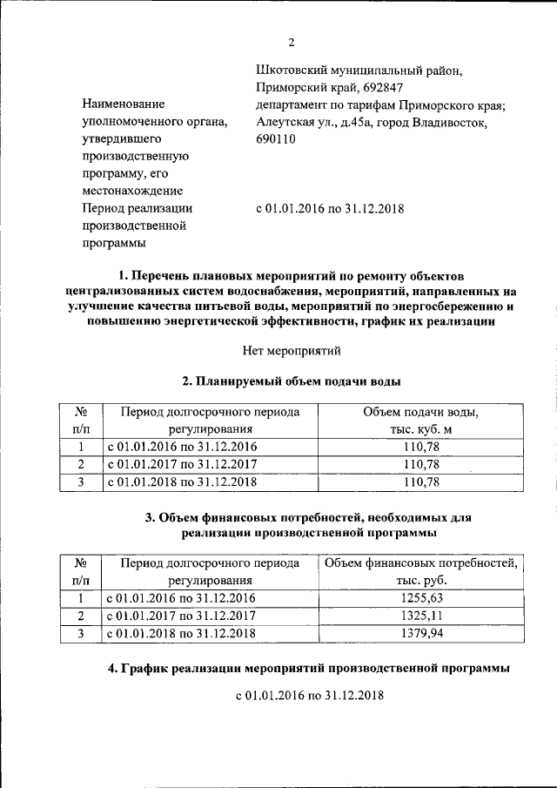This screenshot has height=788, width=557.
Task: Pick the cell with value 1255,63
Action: (421, 599)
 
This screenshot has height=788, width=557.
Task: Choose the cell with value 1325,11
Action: (421, 616)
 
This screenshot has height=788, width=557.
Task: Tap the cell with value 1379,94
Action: (421, 634)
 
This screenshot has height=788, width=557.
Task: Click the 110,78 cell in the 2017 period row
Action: (421, 464)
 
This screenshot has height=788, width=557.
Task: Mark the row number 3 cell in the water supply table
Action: (80, 482)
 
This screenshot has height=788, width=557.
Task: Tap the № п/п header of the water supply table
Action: (80, 420)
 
